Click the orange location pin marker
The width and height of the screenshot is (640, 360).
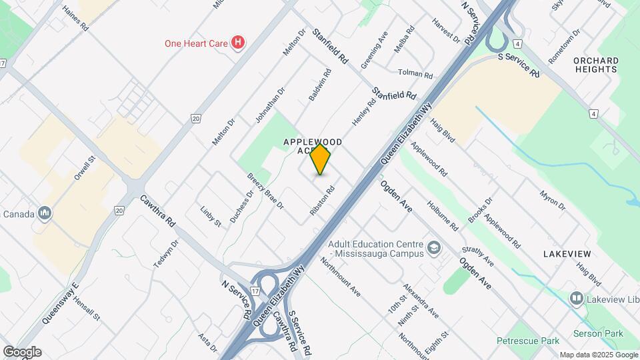[321, 159]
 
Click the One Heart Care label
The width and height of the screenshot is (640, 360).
[196, 44]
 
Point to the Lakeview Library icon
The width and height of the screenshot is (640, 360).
[576, 298]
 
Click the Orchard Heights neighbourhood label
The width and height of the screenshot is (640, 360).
[595, 65]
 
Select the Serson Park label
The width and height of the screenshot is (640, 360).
[597, 333]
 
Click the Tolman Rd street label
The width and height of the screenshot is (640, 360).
[415, 73]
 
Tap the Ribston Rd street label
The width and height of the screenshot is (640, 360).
[322, 200]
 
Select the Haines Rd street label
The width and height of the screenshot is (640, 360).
[75, 20]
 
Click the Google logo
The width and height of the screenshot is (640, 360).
[22, 352]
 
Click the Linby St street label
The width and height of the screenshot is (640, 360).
[211, 216]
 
